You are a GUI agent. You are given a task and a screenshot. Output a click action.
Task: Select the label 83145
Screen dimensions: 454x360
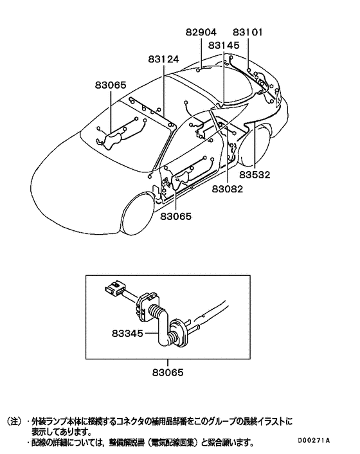click(224, 46)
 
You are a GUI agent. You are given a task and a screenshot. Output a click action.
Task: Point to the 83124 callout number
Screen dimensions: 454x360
click(163, 59)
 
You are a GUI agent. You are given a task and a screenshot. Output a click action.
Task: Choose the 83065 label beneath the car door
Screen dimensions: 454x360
click(176, 217)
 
